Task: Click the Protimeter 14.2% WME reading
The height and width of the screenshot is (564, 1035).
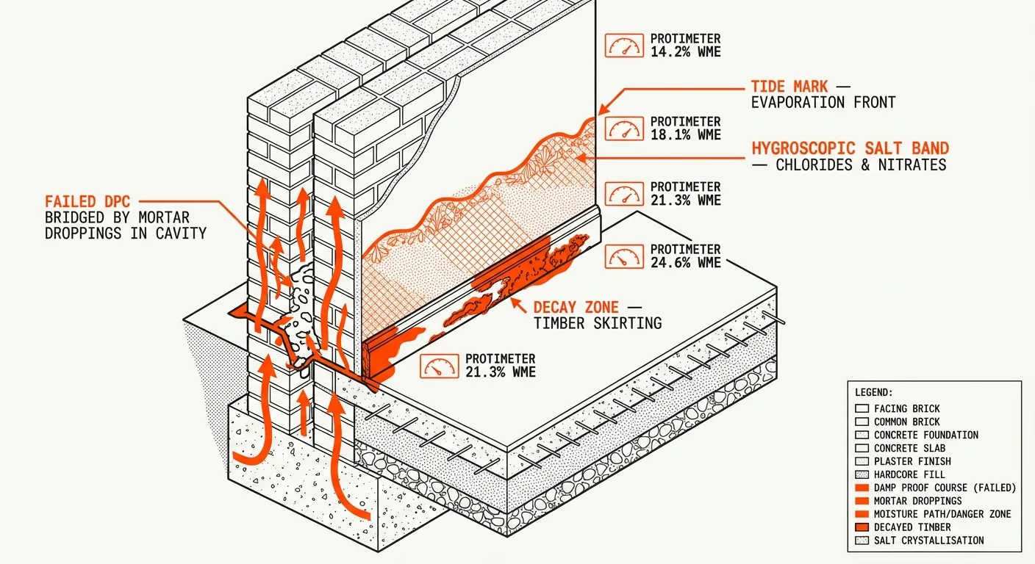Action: (685, 46)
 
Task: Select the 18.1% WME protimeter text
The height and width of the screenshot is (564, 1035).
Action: (685, 129)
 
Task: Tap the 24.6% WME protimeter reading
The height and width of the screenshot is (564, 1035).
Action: (685, 256)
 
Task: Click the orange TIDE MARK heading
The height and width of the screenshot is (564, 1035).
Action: (789, 87)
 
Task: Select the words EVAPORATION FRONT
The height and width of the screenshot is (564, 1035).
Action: (823, 103)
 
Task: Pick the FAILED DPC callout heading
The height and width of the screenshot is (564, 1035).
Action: (90, 201)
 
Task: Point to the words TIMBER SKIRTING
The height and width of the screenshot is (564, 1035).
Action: (598, 323)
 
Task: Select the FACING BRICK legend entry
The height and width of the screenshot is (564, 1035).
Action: (906, 408)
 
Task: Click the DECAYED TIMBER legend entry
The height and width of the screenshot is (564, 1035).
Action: (912, 527)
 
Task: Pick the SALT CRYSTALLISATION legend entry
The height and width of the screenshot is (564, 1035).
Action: (928, 540)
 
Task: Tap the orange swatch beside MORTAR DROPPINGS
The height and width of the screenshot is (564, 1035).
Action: (862, 501)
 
